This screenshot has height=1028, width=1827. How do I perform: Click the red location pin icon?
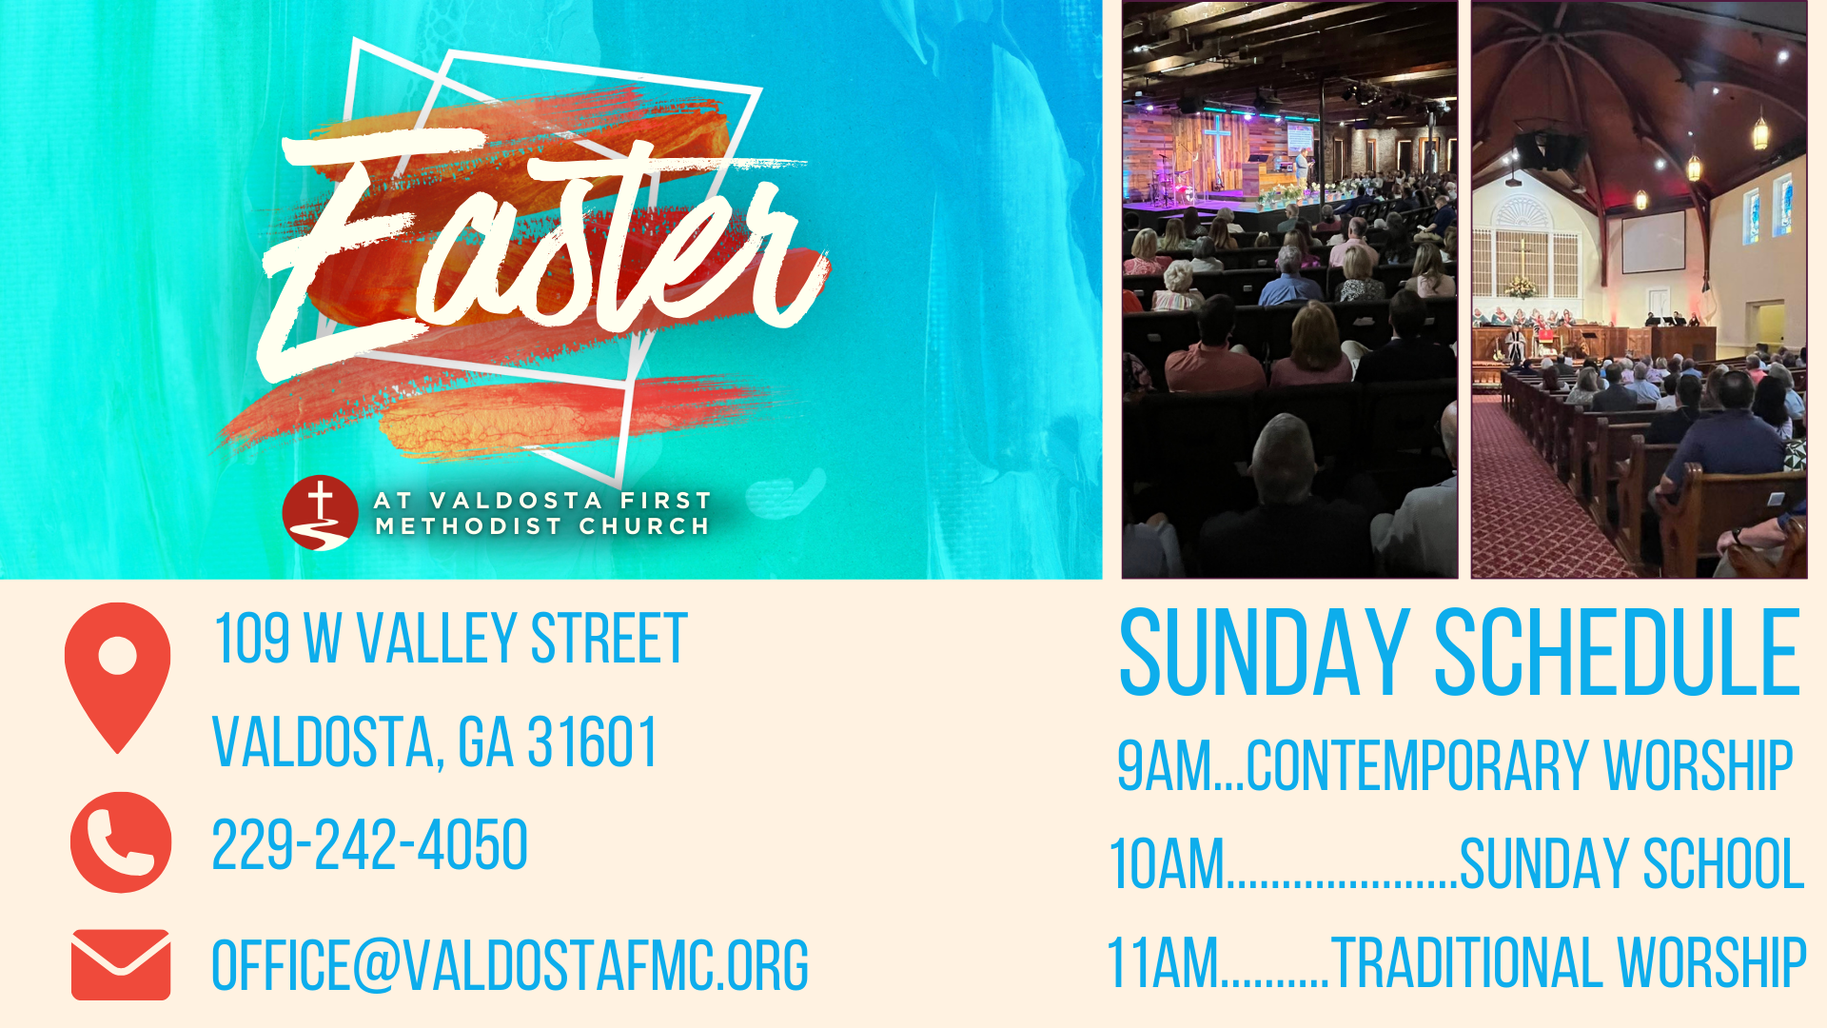tap(118, 676)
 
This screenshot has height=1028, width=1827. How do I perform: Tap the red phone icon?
tap(121, 842)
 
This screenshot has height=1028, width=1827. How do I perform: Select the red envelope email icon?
tap(121, 964)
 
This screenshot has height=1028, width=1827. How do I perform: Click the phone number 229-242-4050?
tap(369, 844)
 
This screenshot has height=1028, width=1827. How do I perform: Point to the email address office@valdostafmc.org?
tap(510, 965)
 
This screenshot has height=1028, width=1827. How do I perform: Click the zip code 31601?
tap(592, 742)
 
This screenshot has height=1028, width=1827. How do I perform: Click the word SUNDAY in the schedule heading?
tap(1264, 653)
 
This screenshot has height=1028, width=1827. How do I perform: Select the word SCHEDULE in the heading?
tap(1618, 653)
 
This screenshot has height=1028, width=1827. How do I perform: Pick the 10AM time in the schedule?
tap(1168, 864)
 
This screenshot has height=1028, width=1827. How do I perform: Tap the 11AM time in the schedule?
tap(1163, 962)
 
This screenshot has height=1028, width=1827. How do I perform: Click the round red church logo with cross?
tap(321, 513)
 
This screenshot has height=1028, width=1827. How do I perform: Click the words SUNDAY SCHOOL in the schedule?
tap(1632, 864)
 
